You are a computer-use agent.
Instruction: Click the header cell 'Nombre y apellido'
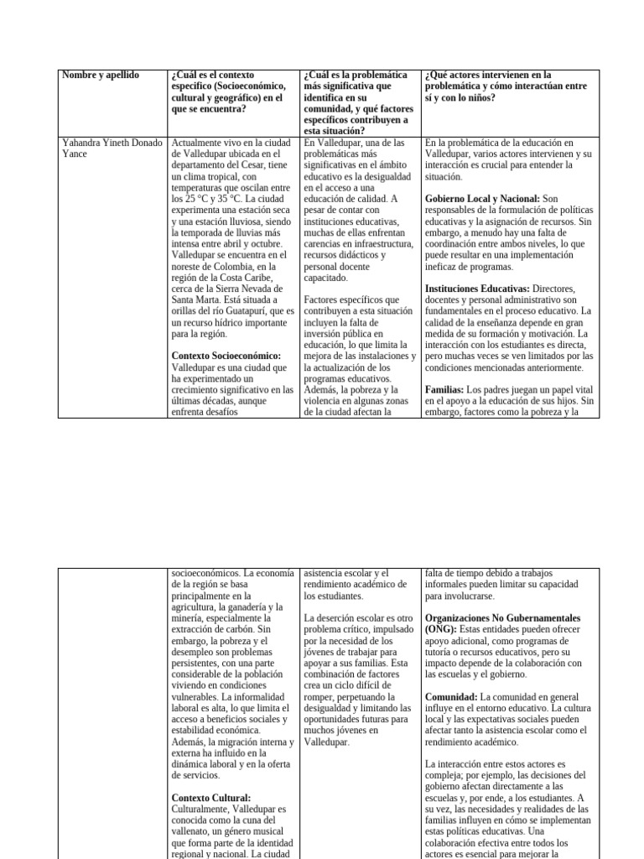coord(101,75)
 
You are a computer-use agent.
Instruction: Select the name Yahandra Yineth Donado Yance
coord(111,148)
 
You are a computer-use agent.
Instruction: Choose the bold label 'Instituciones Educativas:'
coord(477,289)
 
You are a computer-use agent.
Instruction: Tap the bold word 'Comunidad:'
coord(451,696)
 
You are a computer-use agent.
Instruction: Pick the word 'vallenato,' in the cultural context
coord(198,830)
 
